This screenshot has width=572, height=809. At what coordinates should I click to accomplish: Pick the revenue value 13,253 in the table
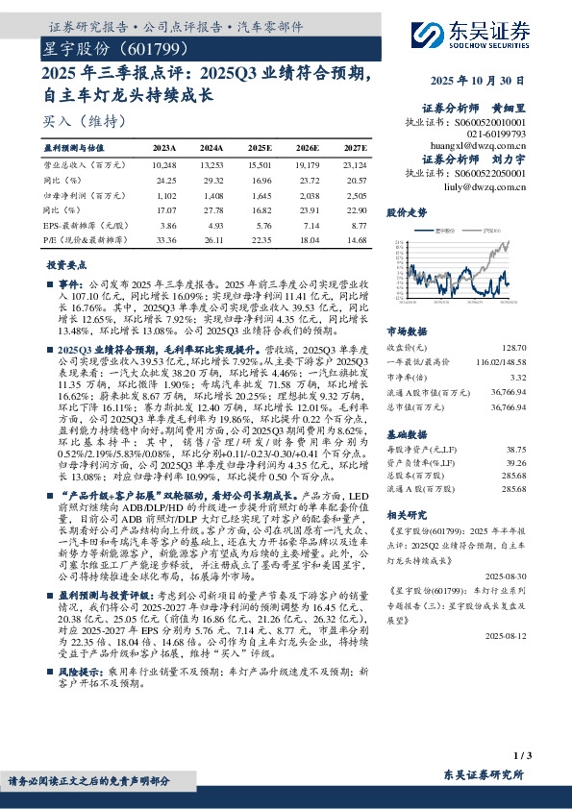point(213,164)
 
